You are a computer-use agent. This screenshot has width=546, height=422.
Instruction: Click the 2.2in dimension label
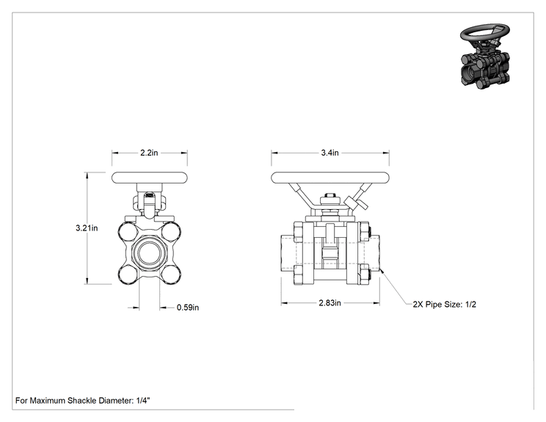[x=149, y=153]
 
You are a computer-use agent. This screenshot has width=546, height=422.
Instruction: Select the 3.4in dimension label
[x=330, y=153]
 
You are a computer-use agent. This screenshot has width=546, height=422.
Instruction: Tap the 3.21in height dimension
[x=87, y=228]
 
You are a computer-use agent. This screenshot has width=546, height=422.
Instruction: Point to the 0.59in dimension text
[x=188, y=308]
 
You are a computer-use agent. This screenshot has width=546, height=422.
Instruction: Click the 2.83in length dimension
[x=330, y=303]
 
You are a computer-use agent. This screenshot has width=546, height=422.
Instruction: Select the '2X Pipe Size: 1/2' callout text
[x=444, y=305]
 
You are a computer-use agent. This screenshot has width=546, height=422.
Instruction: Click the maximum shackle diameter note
[x=82, y=401]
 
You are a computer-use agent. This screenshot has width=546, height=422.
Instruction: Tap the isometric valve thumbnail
[x=485, y=57]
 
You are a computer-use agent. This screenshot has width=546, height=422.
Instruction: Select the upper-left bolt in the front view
[x=127, y=231]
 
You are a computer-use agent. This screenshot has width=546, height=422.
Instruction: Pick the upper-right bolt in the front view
[x=172, y=231]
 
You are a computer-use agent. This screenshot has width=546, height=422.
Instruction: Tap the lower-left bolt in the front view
[x=127, y=275]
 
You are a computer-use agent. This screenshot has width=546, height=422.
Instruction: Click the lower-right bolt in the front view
[x=172, y=275]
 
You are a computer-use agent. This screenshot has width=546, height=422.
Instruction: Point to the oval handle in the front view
[x=150, y=178]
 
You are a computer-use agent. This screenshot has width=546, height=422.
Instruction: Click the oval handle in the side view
[x=330, y=178]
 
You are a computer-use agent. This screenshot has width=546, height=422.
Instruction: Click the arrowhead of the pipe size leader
[x=382, y=271]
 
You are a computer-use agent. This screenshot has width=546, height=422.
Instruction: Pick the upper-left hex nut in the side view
[x=298, y=232]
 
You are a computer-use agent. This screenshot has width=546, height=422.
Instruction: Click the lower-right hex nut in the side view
[x=364, y=274]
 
